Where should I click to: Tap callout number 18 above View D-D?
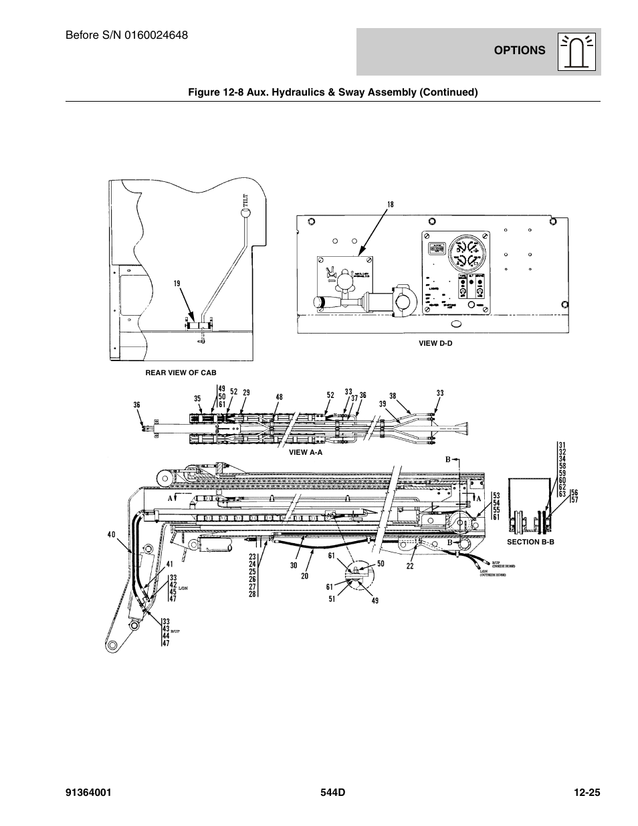tap(389, 203)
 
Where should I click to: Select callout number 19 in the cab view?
tap(177, 283)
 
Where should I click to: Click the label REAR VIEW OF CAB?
tap(181, 373)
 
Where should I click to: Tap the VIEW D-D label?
tap(435, 343)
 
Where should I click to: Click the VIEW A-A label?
tap(306, 452)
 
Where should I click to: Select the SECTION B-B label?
tap(530, 542)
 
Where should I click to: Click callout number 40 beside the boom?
tap(111, 534)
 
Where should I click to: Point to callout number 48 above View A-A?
tap(278, 397)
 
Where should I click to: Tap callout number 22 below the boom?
tap(410, 566)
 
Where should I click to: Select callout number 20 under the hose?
tap(304, 576)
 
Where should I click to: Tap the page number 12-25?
tap(587, 793)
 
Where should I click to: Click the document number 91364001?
tap(88, 793)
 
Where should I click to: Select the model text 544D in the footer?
tap(332, 793)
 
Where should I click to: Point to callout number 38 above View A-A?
tap(393, 395)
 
